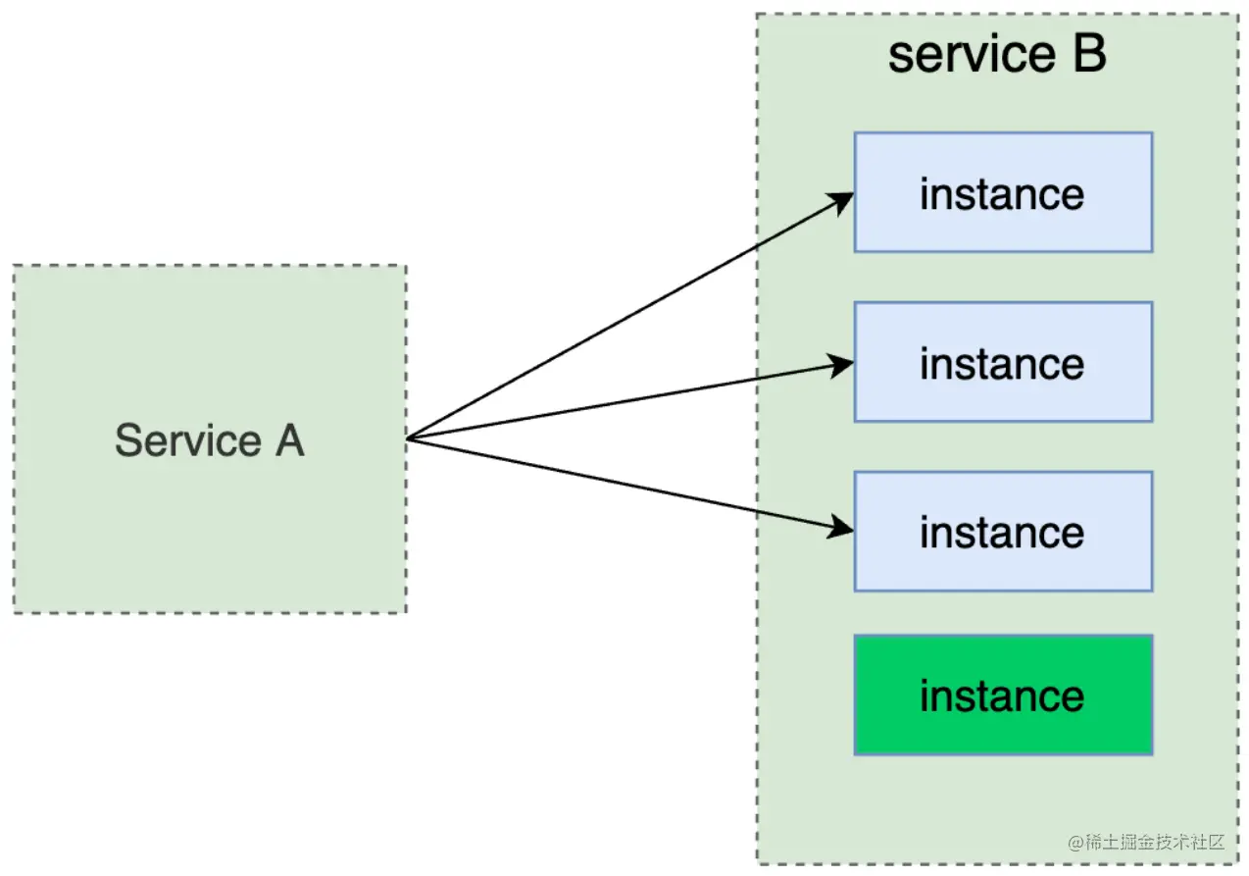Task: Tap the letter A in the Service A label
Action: coord(289,440)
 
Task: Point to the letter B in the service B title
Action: coord(1088,54)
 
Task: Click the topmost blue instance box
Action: coord(1002,193)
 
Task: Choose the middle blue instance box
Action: coord(1002,363)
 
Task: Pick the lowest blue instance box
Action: coord(1002,532)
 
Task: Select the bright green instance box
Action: coord(1002,695)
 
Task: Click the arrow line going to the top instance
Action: coord(627,317)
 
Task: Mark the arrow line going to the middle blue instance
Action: coord(627,402)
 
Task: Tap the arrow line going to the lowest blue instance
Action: coord(627,485)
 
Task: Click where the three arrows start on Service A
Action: coord(408,438)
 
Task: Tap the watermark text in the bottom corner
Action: coord(1146,843)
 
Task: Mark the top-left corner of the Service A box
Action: coord(15,266)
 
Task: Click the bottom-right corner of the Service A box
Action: coord(406,613)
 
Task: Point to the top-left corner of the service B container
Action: coord(758,15)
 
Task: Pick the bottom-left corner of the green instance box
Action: coord(855,753)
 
